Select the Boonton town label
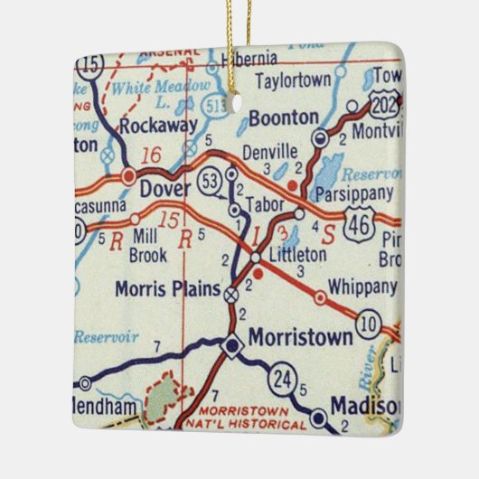tap(283, 117)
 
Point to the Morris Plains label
tap(168, 289)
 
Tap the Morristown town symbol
tap(232, 344)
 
